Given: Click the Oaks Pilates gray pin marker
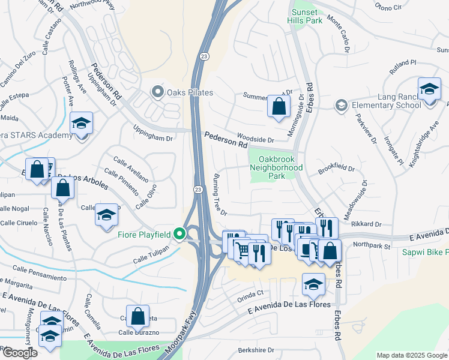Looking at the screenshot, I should [x=157, y=92].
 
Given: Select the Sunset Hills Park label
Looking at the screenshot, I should [x=306, y=16].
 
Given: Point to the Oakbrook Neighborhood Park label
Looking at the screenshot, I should [x=276, y=168].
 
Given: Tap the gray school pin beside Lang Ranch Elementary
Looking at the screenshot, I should [x=341, y=106].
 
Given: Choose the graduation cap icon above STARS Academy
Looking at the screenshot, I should [x=81, y=123].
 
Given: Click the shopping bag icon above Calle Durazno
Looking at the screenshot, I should [x=138, y=316].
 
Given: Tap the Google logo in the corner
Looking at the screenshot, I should [x=19, y=353].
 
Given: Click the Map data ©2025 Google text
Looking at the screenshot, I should [x=412, y=355].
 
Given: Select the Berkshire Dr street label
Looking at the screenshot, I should [x=255, y=350].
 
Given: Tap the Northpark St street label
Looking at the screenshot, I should [x=372, y=245].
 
